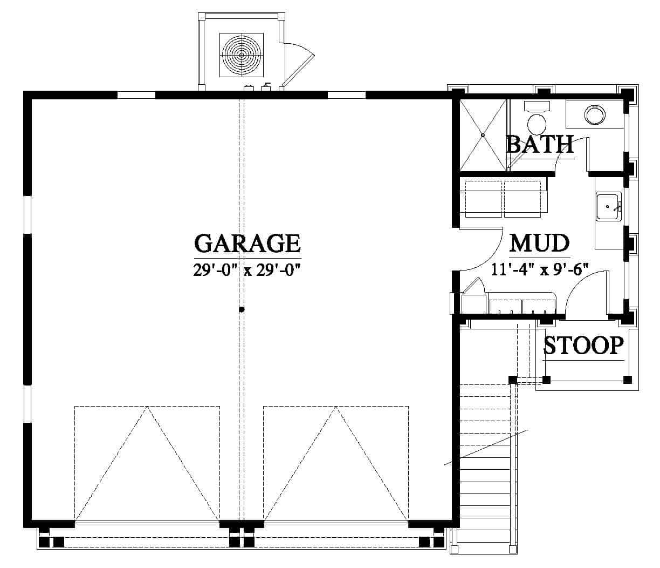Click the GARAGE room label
click(x=247, y=243)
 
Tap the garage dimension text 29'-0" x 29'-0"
click(x=247, y=270)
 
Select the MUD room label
click(x=539, y=243)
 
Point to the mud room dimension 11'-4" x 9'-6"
click(x=539, y=269)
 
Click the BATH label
click(x=540, y=145)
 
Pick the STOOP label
click(x=583, y=346)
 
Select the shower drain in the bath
click(x=483, y=136)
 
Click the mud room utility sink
click(x=609, y=207)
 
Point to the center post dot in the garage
click(x=242, y=309)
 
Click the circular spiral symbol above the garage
click(x=242, y=55)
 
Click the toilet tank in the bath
click(x=537, y=106)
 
